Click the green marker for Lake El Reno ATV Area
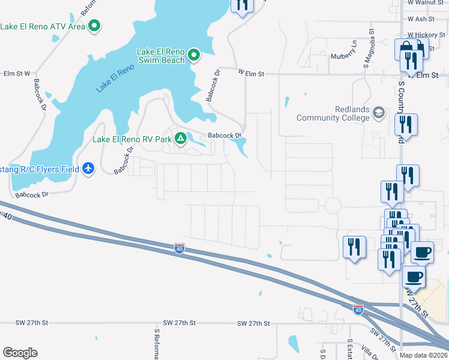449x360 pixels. pos(94,26)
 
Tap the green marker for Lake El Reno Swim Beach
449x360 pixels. pos(193,56)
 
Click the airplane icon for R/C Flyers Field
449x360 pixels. pos(89,169)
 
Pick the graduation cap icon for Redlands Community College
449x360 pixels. pos(379,112)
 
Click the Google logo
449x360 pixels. pos(20,353)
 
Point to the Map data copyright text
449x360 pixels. pos(423,355)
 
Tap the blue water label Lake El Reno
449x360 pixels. pos(115,78)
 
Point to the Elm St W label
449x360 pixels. pos(17,74)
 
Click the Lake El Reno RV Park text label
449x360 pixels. pos(132,139)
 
